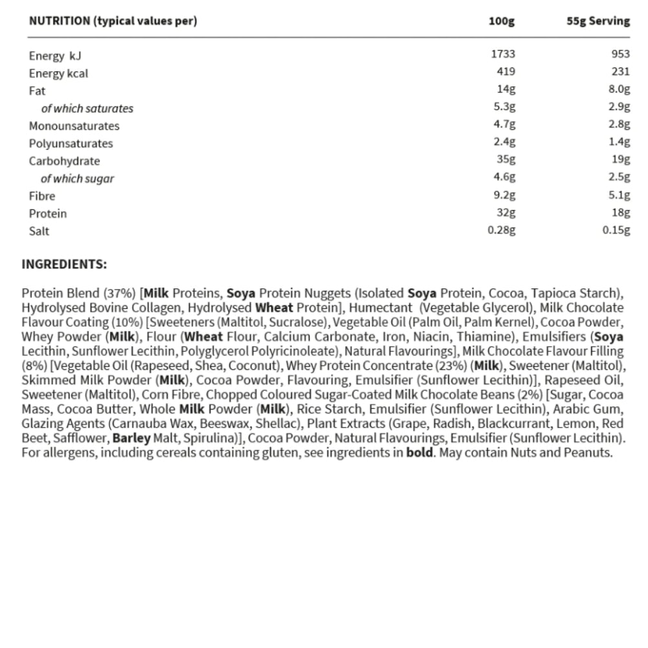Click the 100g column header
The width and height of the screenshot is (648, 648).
point(502,21)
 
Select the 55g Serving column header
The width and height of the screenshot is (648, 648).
point(597,21)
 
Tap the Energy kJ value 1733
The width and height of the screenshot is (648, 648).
point(503,54)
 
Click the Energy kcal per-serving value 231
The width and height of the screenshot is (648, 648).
point(620,72)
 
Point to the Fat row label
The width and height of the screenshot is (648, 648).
point(37,91)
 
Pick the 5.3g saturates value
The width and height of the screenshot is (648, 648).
point(503,107)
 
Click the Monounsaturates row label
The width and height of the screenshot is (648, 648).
point(74,126)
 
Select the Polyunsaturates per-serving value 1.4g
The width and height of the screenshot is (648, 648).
point(619,142)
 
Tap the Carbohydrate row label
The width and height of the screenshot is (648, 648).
point(64,161)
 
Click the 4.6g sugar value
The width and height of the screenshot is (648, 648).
point(503,177)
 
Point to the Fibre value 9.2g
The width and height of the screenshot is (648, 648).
point(503,194)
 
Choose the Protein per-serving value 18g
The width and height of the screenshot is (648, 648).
point(621,212)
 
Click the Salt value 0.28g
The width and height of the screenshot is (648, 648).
point(501,229)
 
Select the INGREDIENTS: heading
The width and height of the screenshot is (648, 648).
point(64,264)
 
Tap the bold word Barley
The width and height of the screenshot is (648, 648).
point(132,438)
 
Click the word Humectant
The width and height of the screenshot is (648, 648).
point(382,308)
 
